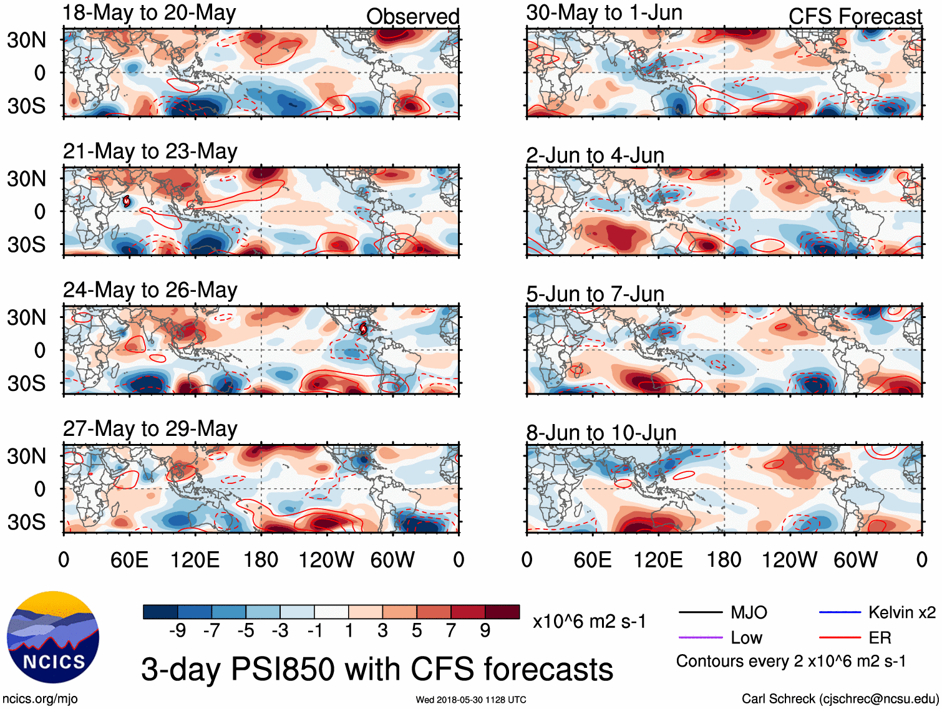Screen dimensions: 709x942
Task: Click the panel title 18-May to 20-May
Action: [149, 13]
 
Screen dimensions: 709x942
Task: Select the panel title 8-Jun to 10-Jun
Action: [601, 432]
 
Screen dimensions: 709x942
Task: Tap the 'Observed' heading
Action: [412, 16]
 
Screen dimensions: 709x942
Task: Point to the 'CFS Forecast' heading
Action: [855, 16]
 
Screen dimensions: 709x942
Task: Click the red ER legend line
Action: [840, 637]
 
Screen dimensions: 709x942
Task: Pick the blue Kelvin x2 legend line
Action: [840, 612]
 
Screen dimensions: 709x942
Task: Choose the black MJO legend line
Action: [700, 612]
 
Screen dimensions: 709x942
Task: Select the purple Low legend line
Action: [700, 637]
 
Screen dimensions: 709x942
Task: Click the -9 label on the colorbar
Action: [177, 631]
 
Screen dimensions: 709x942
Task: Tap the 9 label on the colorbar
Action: [485, 631]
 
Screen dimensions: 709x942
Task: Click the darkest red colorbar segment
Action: [502, 612]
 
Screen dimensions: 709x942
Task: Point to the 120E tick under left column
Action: [195, 560]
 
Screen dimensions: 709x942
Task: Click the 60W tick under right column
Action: [855, 560]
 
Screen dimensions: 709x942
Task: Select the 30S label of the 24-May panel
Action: [26, 383]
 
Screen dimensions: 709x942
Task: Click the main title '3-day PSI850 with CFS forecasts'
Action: [377, 669]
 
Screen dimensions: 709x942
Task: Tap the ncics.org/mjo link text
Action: [39, 699]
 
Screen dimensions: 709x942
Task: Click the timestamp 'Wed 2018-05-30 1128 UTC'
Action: [470, 700]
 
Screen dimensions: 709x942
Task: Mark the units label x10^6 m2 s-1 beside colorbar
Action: [589, 621]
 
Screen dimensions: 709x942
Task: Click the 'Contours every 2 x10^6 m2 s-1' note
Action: [791, 661]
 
